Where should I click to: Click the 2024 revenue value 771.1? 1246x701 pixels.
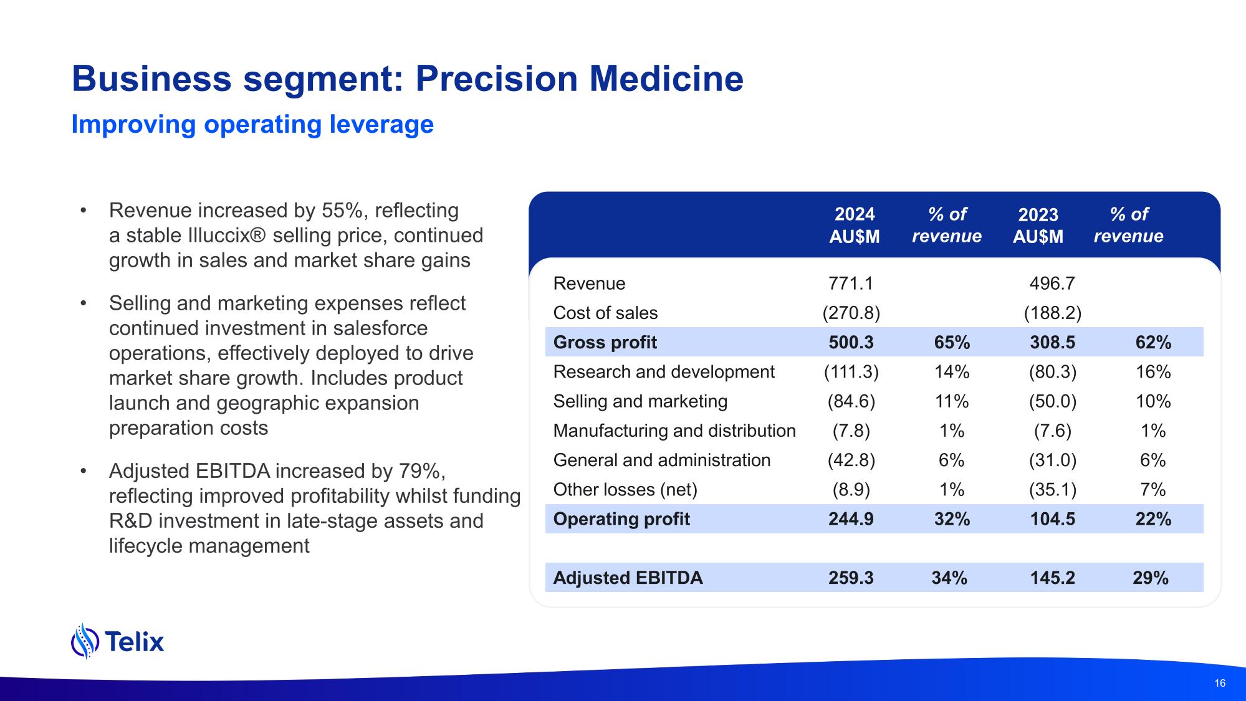point(851,284)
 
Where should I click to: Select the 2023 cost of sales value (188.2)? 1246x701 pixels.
point(1052,313)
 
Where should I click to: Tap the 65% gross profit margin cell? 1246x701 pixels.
point(952,342)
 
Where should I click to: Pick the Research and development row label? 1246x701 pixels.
point(663,372)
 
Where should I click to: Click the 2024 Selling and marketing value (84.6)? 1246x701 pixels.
point(851,401)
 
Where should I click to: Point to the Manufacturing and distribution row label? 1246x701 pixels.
point(674,431)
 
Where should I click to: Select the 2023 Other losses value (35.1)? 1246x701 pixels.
point(1052,490)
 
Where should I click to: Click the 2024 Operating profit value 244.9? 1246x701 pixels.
point(851,519)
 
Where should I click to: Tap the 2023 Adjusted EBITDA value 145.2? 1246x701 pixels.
point(1052,578)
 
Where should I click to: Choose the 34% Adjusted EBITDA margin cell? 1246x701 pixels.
point(949,578)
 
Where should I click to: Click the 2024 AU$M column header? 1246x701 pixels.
point(855,225)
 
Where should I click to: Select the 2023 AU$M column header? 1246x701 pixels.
point(1038,225)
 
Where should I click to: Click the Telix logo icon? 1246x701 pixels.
point(85,641)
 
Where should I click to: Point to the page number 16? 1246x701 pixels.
point(1220,683)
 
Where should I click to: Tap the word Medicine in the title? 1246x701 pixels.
point(666,79)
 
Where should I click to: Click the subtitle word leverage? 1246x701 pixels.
point(381,125)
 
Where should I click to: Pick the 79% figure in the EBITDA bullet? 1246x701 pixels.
point(419,471)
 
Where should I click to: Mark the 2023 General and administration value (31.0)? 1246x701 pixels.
point(1052,460)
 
